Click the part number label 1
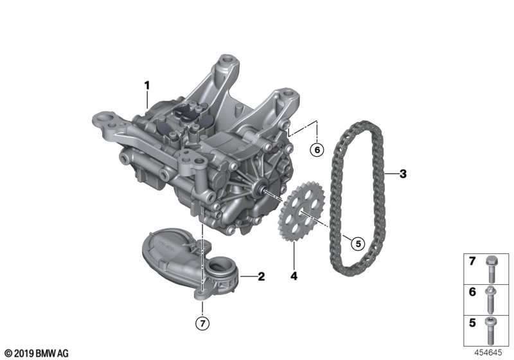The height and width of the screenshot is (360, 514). (x=147, y=86)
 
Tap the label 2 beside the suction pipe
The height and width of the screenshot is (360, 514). (x=261, y=276)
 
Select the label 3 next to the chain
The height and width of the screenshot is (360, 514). (x=403, y=174)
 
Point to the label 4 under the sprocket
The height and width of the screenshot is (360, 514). (x=294, y=276)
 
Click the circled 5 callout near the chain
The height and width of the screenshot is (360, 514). (x=358, y=244)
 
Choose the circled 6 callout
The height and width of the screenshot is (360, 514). (x=317, y=150)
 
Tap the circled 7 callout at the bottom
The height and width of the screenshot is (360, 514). (x=202, y=323)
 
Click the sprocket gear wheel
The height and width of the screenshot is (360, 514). (x=301, y=212)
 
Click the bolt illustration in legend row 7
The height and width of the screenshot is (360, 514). (x=491, y=269)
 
